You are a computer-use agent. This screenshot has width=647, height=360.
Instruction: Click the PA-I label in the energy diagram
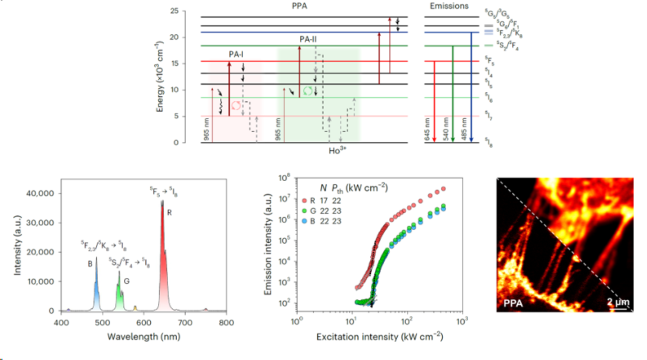click(236, 55)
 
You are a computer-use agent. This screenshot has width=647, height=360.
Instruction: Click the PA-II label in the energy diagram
click(308, 40)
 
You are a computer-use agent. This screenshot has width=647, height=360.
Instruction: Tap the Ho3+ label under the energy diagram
click(338, 151)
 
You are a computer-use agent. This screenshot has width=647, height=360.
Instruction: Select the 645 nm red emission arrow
click(434, 101)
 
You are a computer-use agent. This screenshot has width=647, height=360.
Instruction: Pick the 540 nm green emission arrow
click(453, 93)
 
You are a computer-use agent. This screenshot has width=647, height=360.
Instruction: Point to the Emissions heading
click(449, 6)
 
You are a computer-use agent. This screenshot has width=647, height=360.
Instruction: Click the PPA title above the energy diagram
click(299, 6)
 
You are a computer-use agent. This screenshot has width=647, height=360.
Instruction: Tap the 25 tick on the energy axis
click(175, 11)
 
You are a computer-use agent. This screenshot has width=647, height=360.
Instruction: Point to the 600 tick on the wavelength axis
click(144, 323)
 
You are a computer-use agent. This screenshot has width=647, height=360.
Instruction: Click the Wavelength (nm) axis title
click(144, 337)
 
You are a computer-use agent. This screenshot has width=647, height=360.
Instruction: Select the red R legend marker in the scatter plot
click(304, 201)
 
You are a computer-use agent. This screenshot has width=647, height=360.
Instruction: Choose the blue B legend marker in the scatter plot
click(304, 221)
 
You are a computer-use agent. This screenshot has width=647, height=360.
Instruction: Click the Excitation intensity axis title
click(379, 337)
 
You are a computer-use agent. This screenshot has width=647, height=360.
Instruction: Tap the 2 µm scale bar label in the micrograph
click(618, 302)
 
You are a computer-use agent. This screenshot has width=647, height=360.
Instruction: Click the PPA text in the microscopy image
click(513, 303)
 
